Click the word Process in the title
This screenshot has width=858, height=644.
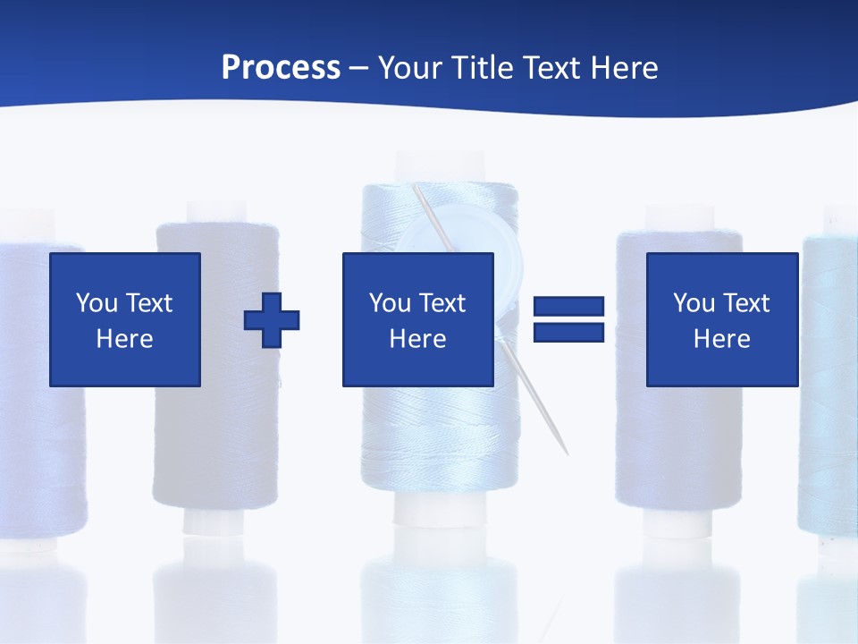pyautogui.click(x=281, y=68)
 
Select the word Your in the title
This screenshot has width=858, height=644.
pyautogui.click(x=409, y=68)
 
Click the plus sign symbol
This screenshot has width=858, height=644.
pyautogui.click(x=272, y=319)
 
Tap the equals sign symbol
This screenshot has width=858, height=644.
pyautogui.click(x=568, y=319)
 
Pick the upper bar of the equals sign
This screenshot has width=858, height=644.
pyautogui.click(x=568, y=307)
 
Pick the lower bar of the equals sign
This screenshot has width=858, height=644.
pyautogui.click(x=568, y=333)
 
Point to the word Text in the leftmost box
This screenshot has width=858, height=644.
pyautogui.click(x=147, y=303)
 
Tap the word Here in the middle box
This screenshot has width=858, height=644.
pyautogui.click(x=417, y=339)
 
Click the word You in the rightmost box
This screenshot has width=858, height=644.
pyautogui.click(x=694, y=303)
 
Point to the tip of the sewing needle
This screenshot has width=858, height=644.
pyautogui.click(x=566, y=453)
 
